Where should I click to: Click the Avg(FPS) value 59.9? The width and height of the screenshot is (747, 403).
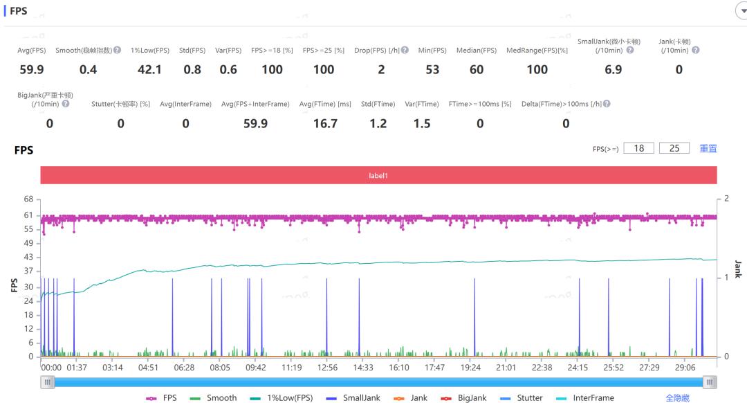pos(32,69)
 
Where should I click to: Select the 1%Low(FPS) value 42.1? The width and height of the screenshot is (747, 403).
pos(150,69)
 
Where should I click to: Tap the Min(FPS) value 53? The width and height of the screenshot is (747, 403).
pos(432,69)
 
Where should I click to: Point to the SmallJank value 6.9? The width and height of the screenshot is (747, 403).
pos(614,69)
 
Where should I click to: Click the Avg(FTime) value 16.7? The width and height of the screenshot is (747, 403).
pos(326,123)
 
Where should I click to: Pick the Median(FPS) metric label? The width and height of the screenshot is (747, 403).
pos(477,51)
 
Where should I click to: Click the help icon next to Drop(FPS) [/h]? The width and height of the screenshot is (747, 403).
pos(405,51)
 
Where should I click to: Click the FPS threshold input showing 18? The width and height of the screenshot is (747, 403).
pos(638,148)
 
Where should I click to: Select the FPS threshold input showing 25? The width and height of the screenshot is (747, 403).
pos(674,148)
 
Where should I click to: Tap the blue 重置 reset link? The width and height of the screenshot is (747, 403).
pos(708,148)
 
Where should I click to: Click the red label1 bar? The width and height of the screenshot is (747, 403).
pos(378,176)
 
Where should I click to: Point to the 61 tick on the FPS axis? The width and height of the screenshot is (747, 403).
pos(28,215)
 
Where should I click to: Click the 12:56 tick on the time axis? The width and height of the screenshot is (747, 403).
pos(327,368)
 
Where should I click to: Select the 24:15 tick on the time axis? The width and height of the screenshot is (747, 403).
pos(578,368)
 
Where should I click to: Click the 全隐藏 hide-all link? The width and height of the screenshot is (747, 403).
pos(677,398)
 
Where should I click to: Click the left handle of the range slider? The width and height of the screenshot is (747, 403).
pos(48,382)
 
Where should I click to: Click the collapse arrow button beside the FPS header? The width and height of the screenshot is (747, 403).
pos(739,11)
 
